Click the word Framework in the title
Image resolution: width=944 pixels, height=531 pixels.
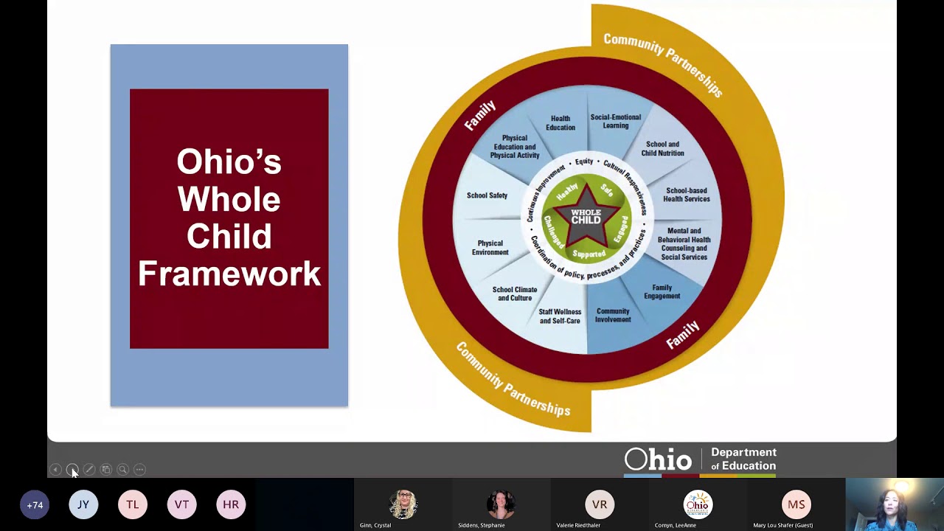tap(229, 274)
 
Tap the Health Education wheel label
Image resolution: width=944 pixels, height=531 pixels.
tap(560, 123)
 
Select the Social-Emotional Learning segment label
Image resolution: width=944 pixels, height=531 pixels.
tap(615, 121)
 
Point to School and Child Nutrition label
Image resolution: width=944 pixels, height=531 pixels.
tap(662, 149)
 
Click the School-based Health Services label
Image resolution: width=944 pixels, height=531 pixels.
tap(686, 195)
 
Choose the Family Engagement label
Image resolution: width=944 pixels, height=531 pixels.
tap(662, 292)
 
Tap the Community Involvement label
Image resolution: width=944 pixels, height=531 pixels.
tap(613, 316)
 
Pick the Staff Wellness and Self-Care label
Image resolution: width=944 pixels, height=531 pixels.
tap(560, 316)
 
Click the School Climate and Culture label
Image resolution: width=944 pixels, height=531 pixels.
tap(515, 294)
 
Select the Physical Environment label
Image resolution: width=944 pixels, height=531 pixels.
tap(490, 248)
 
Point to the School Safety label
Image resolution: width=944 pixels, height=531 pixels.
tap(487, 195)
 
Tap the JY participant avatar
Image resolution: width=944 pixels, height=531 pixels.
tap(83, 504)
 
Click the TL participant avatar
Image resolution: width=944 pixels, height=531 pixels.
tap(133, 504)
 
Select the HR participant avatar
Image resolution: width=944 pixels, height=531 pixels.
tap(231, 504)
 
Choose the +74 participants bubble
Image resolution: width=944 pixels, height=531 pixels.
tap(35, 504)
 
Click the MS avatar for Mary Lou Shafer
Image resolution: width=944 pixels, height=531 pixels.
tap(796, 504)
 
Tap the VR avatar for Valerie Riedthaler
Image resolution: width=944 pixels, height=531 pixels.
tap(600, 504)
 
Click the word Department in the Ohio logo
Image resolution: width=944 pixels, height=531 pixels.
tap(743, 452)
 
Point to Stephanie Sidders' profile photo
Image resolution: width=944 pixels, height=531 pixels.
tap(500, 504)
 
